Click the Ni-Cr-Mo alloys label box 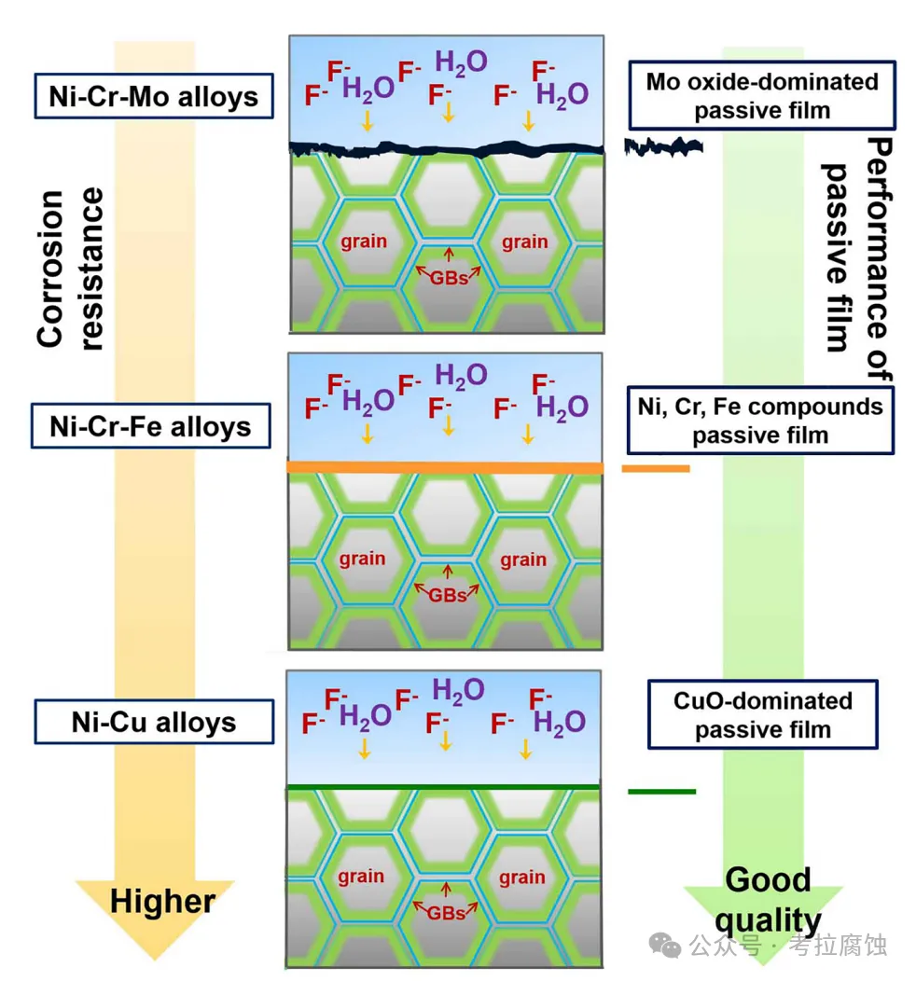click(154, 96)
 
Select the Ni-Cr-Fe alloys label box click(151, 426)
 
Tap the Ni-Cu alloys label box click(154, 722)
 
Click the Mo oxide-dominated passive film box click(762, 95)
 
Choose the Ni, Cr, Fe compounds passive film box click(760, 421)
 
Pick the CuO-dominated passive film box click(763, 714)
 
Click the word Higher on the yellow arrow click(162, 902)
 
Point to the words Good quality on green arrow click(768, 900)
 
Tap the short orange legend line click(656, 469)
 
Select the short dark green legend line click(662, 792)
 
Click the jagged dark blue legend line click(663, 147)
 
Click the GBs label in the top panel click(449, 278)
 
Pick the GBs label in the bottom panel click(446, 913)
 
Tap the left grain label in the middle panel click(362, 558)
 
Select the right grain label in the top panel click(524, 242)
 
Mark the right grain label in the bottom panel click(521, 877)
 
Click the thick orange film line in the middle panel click(445, 467)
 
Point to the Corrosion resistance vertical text click(69, 269)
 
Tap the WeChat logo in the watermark click(665, 945)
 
